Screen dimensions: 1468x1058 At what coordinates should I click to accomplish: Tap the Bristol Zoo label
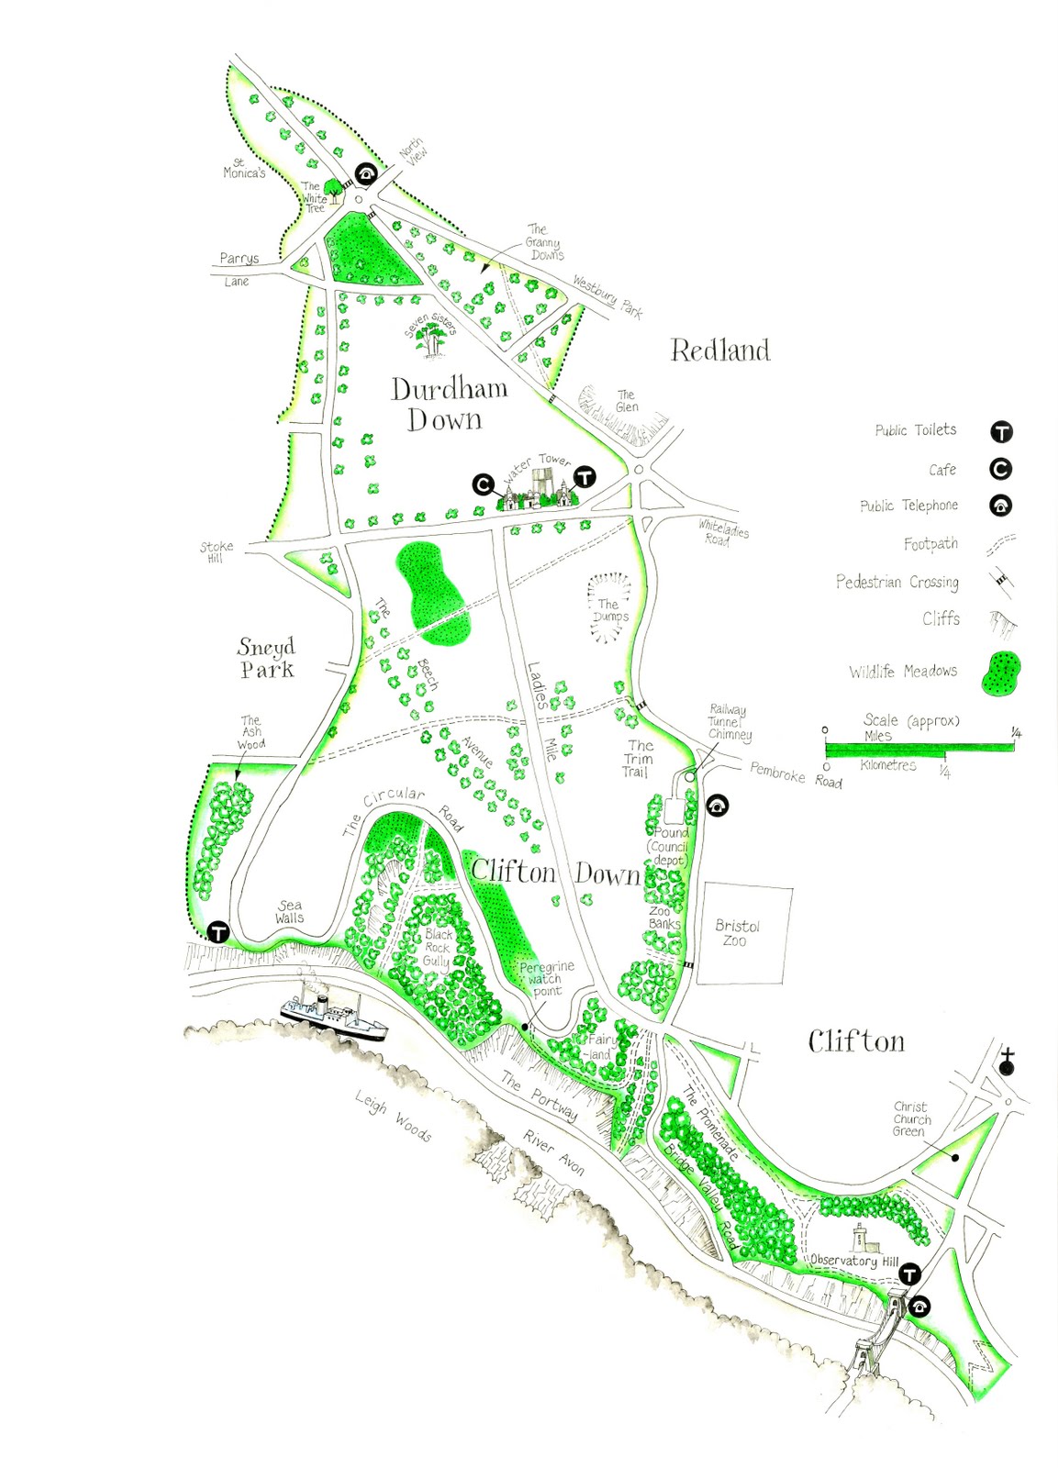pyautogui.click(x=737, y=933)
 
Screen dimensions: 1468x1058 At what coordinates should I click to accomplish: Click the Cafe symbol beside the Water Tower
pyautogui.click(x=484, y=484)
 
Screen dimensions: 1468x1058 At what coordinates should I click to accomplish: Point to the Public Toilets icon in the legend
pyautogui.click(x=1000, y=432)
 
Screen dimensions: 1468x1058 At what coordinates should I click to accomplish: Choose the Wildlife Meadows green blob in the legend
pyautogui.click(x=1000, y=673)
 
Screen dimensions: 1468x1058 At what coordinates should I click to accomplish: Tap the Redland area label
pyautogui.click(x=720, y=350)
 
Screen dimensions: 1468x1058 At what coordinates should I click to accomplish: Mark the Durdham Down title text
pyautogui.click(x=449, y=404)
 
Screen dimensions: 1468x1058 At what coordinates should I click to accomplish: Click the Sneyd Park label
pyautogui.click(x=266, y=658)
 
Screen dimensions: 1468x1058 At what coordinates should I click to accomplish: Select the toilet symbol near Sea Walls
pyautogui.click(x=218, y=932)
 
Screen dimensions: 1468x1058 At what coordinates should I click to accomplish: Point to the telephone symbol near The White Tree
pyautogui.click(x=366, y=174)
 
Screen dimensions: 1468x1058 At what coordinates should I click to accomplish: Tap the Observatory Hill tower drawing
pyautogui.click(x=861, y=1238)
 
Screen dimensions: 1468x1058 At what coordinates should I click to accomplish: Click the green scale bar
pyautogui.click(x=919, y=748)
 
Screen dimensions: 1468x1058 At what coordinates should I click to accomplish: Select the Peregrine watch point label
pyautogui.click(x=546, y=978)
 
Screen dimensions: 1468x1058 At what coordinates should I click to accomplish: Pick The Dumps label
pyautogui.click(x=609, y=610)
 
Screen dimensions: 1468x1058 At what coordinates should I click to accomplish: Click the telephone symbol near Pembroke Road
pyautogui.click(x=718, y=806)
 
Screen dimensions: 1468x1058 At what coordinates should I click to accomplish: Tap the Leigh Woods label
pyautogui.click(x=394, y=1116)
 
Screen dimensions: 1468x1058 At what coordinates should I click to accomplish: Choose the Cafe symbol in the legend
pyautogui.click(x=1000, y=470)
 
